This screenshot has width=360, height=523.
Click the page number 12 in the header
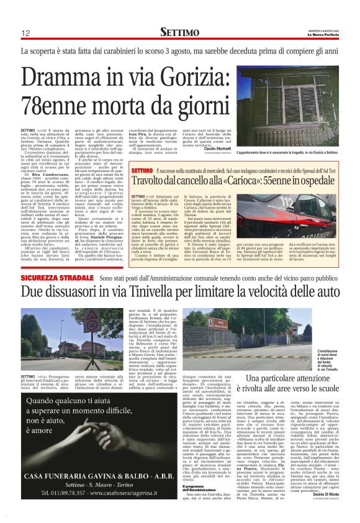[x=26, y=34]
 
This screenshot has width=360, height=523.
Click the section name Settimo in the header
[x=179, y=32]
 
